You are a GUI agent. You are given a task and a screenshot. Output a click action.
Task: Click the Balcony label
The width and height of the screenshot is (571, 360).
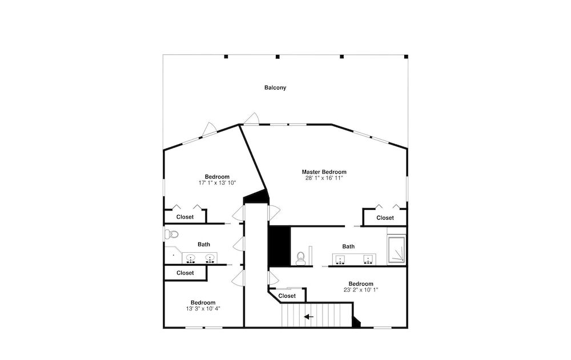tap(275, 88)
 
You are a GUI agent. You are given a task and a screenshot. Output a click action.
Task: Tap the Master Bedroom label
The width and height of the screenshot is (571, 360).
tap(324, 172)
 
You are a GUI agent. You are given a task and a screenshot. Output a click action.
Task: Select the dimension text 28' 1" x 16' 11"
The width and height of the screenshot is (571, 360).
tap(324, 178)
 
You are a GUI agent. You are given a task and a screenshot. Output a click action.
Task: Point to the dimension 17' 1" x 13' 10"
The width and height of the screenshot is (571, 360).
tap(217, 183)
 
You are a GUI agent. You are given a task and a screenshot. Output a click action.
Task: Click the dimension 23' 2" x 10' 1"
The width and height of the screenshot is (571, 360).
tap(361, 290)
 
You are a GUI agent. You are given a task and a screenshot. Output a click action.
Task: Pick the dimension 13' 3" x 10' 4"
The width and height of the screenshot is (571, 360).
tap(203, 309)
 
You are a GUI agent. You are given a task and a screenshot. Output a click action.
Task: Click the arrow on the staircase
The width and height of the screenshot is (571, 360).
tap(309, 317)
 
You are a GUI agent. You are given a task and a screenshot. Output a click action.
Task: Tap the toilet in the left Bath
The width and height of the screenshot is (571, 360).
tap(171, 234)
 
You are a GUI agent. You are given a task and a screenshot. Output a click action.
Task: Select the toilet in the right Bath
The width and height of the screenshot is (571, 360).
tap(301, 258)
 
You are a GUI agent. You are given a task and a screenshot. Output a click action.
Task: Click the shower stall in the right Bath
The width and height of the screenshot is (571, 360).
tap(396, 250)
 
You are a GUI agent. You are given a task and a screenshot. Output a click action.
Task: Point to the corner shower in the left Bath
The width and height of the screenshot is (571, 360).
tap(174, 255)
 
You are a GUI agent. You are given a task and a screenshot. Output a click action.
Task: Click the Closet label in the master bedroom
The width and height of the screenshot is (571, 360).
tap(385, 218)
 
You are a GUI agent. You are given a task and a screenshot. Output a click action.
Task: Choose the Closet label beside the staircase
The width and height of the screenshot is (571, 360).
tap(287, 296)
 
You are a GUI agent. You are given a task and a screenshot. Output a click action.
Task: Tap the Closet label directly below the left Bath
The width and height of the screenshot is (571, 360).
tap(185, 273)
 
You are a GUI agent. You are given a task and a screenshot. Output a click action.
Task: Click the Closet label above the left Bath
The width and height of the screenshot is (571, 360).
tap(185, 217)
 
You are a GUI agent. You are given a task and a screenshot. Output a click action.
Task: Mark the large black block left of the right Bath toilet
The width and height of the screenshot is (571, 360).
tap(279, 246)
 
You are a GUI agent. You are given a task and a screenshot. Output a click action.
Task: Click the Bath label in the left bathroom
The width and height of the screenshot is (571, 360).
tap(204, 245)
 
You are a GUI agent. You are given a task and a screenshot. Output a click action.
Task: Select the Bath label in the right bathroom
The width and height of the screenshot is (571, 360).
tap(348, 246)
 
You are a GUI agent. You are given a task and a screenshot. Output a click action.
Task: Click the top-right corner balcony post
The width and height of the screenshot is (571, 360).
tap(406, 56)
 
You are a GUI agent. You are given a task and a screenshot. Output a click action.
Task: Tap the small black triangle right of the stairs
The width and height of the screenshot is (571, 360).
tap(356, 322)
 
